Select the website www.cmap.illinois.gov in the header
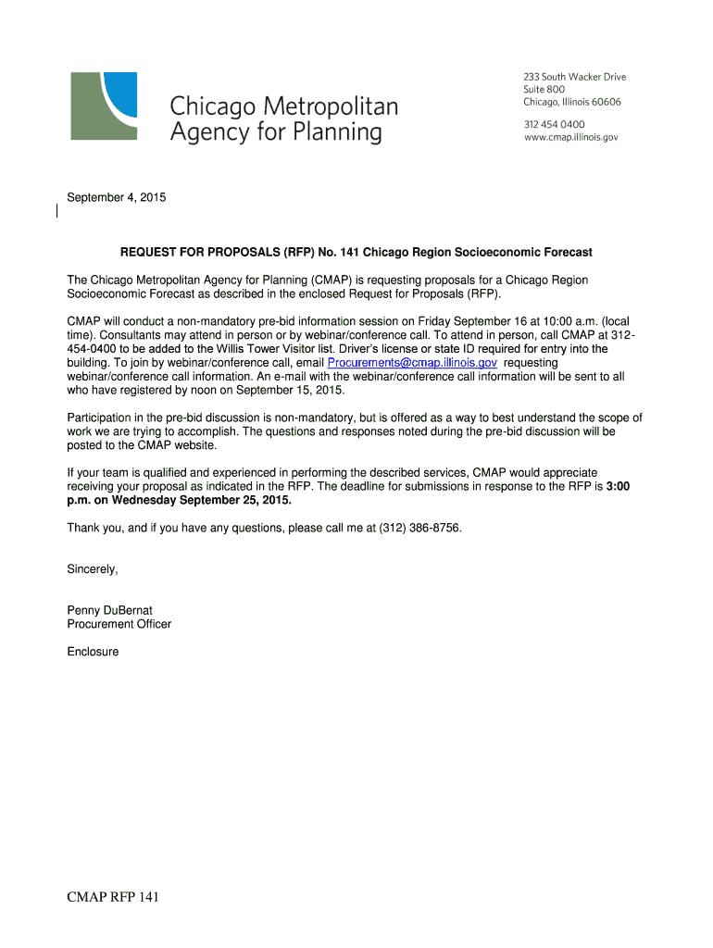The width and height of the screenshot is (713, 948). [570, 137]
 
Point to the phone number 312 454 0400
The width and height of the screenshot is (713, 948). [554, 124]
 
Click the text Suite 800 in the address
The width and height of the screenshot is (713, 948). [544, 90]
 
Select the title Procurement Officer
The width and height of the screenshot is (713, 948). [119, 624]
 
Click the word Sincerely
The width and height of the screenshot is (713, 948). [93, 569]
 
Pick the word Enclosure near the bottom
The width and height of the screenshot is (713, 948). [93, 652]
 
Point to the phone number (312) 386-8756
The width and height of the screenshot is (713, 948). [412, 528]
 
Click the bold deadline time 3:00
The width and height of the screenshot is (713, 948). [618, 486]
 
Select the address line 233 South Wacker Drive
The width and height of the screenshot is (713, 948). [574, 78]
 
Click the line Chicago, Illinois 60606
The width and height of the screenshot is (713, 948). [571, 102]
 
